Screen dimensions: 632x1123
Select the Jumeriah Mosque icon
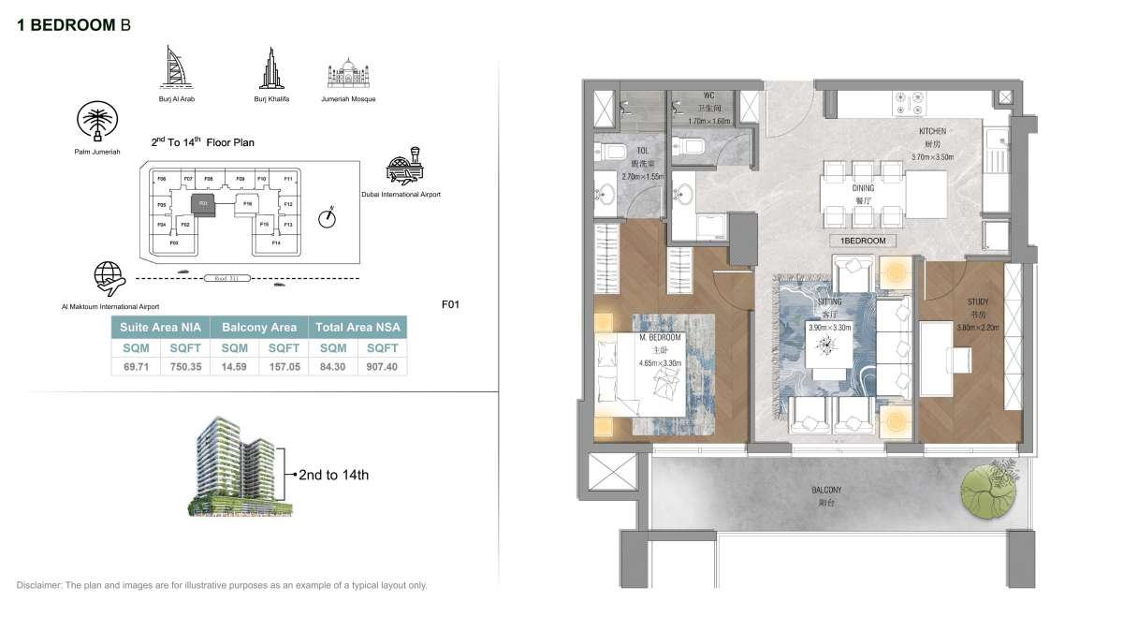pyautogui.click(x=347, y=76)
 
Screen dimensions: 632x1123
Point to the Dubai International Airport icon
pyautogui.click(x=404, y=167)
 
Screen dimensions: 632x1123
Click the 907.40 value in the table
pyautogui.click(x=382, y=367)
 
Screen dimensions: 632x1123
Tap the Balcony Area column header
pyautogui.click(x=259, y=327)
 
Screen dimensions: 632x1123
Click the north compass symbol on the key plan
pyautogui.click(x=327, y=217)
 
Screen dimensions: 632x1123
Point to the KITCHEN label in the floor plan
pyautogui.click(x=932, y=132)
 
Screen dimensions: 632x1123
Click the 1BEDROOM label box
pyautogui.click(x=863, y=241)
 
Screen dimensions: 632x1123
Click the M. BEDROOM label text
pyautogui.click(x=661, y=337)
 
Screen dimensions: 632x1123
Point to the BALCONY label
pyautogui.click(x=826, y=490)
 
